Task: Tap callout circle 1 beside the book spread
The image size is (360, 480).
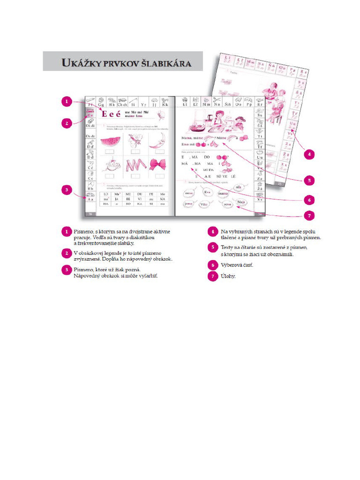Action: click(67, 101)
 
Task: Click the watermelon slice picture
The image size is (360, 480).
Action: click(111, 141)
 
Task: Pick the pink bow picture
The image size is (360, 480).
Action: click(157, 165)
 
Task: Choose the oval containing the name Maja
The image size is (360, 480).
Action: click(241, 202)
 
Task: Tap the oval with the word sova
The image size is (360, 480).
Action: click(228, 204)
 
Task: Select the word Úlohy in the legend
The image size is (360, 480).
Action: click(228, 276)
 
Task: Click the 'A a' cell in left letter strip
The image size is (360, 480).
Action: click(90, 199)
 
